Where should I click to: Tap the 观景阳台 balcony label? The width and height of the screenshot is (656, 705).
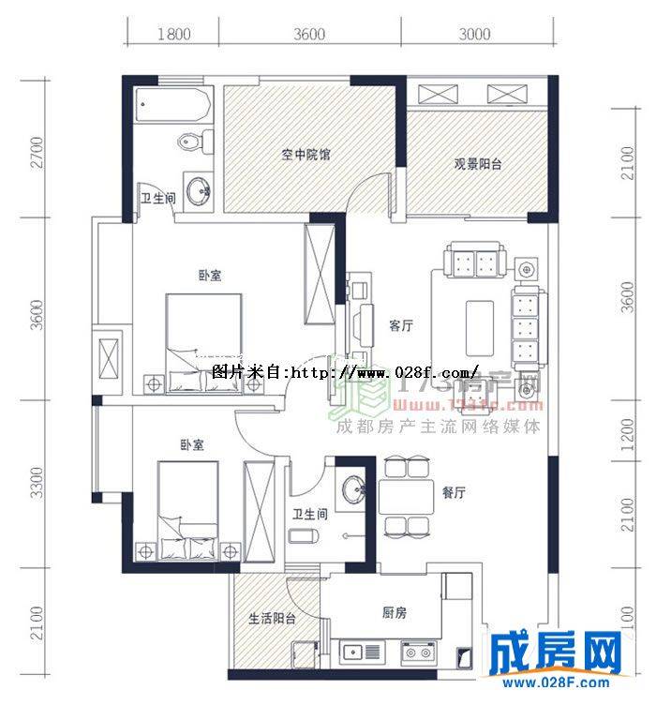click(478, 163)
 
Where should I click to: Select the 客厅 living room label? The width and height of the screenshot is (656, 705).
click(401, 326)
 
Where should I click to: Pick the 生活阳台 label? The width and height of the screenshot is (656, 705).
click(272, 620)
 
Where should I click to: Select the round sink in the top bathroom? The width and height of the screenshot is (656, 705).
click(198, 192)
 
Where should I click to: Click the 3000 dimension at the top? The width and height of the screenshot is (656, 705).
click(476, 35)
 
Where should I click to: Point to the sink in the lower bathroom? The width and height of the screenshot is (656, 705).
click(352, 488)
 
